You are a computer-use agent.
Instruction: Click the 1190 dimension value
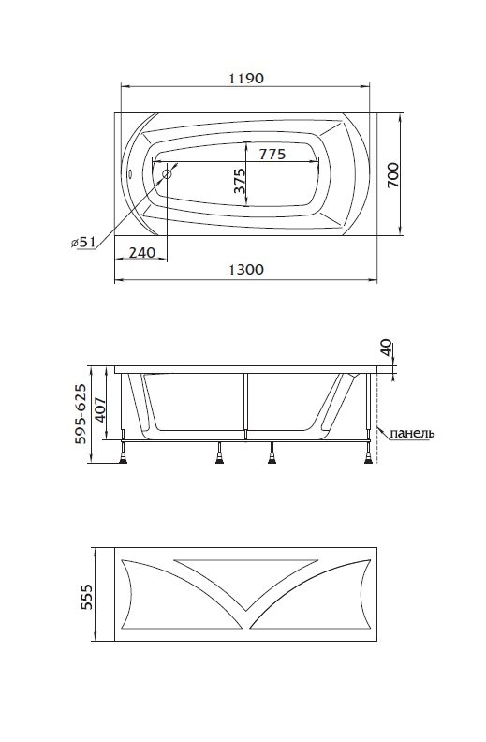[x=246, y=78]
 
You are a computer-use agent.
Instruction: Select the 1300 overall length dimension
[x=246, y=270]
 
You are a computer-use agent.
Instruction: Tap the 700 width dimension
[x=393, y=174]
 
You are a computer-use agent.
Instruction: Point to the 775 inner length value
[x=272, y=154]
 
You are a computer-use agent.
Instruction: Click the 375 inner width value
[x=240, y=181]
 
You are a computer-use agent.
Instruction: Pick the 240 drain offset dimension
[x=142, y=253]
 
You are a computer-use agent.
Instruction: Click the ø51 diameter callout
[x=82, y=243]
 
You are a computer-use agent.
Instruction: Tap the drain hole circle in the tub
[x=167, y=173]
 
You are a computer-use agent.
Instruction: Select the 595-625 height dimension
[x=81, y=413]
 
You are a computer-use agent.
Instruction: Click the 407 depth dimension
[x=100, y=408]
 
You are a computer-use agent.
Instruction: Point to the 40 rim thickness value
[x=386, y=348]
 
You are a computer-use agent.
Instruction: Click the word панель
[x=412, y=433]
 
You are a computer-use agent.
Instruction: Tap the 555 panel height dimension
[x=86, y=596]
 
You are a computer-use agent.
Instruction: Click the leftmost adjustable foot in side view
[x=124, y=456]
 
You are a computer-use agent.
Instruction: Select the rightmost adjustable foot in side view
[x=369, y=456]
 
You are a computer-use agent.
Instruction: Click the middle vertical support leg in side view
[x=246, y=406]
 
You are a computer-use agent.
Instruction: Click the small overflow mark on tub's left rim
[x=130, y=172]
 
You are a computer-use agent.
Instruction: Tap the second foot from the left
[x=219, y=456]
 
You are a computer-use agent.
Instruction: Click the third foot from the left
[x=272, y=456]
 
